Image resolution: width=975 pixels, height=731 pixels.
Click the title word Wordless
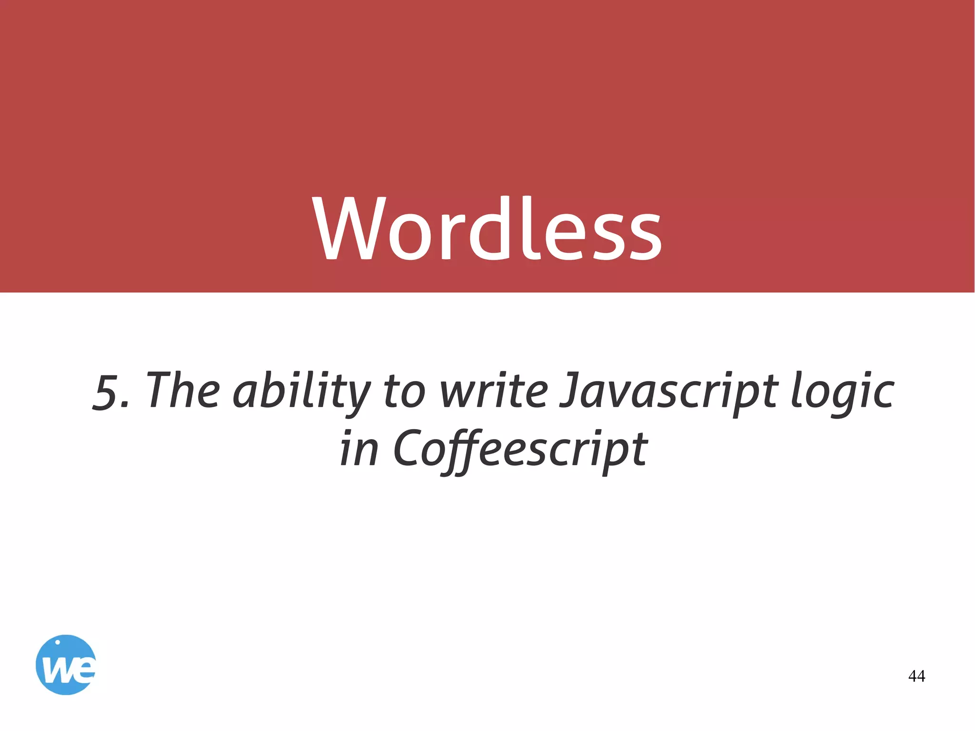pos(487,229)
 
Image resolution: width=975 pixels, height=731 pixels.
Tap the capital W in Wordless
pos(348,229)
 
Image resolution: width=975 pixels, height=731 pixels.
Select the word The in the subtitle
pos(184,391)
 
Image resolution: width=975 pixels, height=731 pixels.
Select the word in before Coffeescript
pos(360,448)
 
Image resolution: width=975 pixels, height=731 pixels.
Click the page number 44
pos(916,676)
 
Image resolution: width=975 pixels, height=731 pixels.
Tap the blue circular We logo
pos(66,665)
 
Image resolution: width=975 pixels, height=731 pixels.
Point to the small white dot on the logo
pos(58,642)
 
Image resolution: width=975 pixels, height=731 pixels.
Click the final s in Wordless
pos(643,238)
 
